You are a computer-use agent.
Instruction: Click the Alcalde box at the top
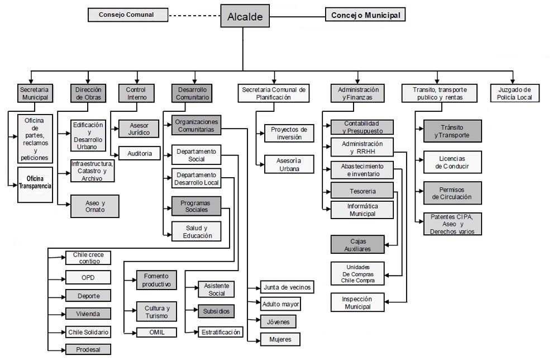[245, 17]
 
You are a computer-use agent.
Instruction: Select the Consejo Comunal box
[128, 15]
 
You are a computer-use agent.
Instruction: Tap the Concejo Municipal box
[365, 15]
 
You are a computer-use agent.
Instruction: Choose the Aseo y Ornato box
[95, 206]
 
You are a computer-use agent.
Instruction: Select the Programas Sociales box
[196, 206]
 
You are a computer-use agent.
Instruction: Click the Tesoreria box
[362, 191]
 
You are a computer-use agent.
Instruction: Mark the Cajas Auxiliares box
[358, 244]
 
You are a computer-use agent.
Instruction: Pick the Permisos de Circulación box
[452, 193]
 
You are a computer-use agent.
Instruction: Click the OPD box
[88, 277]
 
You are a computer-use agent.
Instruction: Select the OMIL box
[157, 332]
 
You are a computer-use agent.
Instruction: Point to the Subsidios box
[216, 311]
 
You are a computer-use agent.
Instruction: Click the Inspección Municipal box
[357, 303]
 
